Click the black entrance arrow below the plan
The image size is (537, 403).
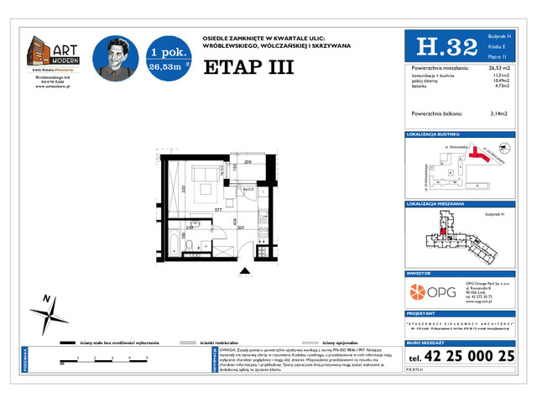[x=245, y=270]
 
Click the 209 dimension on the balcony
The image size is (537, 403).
[x=248, y=162]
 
